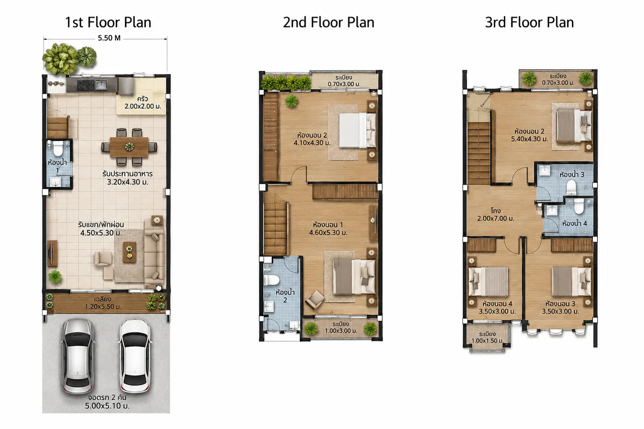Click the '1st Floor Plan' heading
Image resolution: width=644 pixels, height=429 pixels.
click(x=108, y=23)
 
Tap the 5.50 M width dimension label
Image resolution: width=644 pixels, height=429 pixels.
click(x=109, y=38)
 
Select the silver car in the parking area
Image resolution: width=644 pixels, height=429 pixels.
click(x=78, y=356)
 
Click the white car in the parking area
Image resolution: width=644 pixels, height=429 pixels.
click(x=135, y=356)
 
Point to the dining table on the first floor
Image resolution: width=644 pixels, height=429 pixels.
click(x=129, y=147)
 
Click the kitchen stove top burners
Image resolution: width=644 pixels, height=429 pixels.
click(x=85, y=85)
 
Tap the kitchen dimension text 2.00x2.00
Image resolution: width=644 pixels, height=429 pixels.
click(x=143, y=106)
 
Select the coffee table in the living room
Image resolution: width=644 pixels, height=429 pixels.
click(x=129, y=252)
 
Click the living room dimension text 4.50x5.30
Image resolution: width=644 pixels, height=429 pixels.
click(x=101, y=233)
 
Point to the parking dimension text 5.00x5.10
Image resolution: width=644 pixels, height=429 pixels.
click(x=107, y=406)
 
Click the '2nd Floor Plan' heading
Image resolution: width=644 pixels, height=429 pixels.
click(x=328, y=23)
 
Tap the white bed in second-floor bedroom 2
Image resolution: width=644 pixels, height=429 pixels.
click(x=357, y=130)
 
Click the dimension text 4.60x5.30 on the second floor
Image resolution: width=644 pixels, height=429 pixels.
click(x=328, y=232)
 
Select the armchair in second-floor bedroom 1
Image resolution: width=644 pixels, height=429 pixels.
click(x=315, y=299)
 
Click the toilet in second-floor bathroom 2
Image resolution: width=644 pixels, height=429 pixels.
click(x=271, y=280)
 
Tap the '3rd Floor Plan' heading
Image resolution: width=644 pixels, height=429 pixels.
click(x=529, y=23)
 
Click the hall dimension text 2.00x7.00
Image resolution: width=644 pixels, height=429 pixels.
click(x=496, y=218)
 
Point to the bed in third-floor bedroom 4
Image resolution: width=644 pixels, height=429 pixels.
click(x=488, y=282)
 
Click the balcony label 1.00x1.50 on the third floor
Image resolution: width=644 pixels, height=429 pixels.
click(x=488, y=341)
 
